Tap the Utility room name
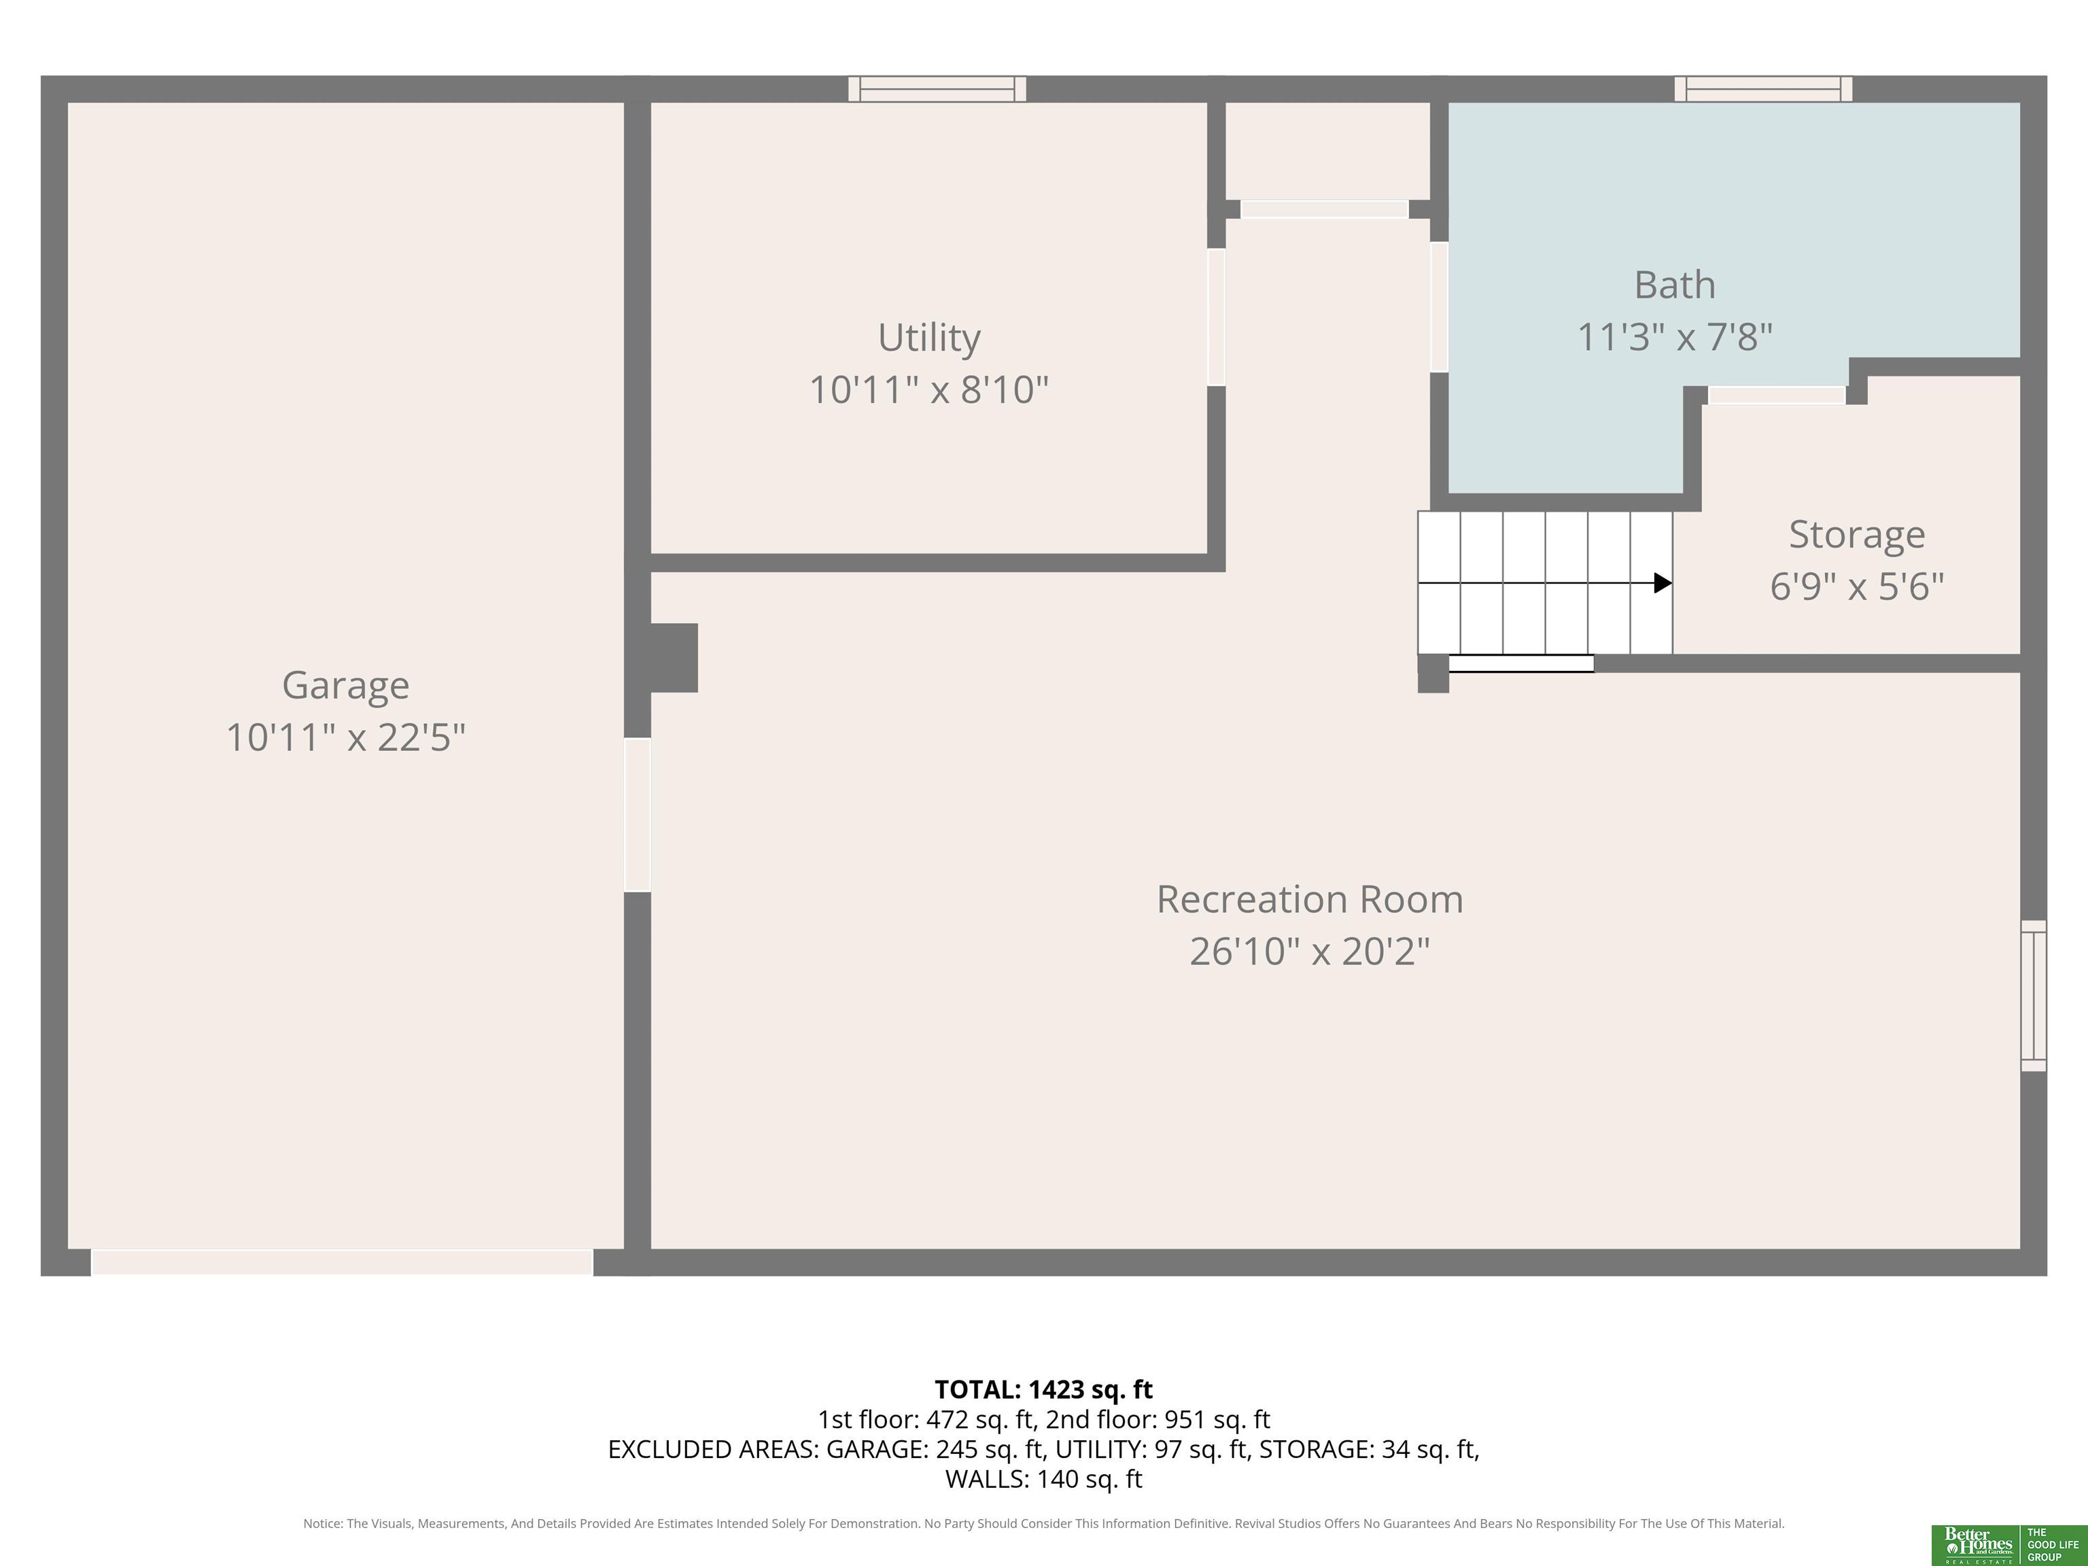929,338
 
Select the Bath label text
1675,285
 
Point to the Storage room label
1857,535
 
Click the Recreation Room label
1309,899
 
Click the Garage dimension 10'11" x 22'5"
345,737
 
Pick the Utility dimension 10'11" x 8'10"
929,390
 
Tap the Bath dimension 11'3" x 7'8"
1675,337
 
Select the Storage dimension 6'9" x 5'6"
1857,586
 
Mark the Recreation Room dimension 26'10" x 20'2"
1309,951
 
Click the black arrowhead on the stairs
1663,583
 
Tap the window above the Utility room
937,89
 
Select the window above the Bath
1763,89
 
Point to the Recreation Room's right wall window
2033,996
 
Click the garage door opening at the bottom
342,1262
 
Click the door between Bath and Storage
1777,396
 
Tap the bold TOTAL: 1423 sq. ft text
1043,1389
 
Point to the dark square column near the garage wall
673,658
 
